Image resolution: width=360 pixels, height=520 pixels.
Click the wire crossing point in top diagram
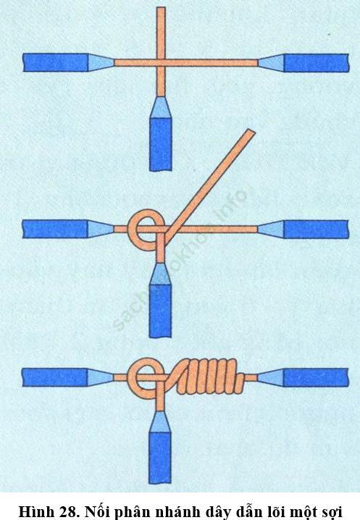(161, 62)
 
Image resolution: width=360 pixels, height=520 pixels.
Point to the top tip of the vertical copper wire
(161, 8)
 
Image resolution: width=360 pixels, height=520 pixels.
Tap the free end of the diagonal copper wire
(251, 131)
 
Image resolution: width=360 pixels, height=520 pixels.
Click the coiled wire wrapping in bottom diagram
(209, 377)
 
